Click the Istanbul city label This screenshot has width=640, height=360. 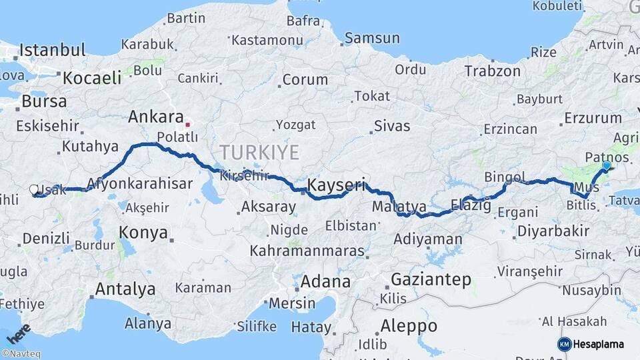[53, 50]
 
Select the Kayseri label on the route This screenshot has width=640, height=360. [337, 185]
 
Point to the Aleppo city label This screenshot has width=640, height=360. [409, 326]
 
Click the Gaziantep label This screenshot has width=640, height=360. [431, 279]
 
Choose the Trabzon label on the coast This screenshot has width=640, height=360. [492, 71]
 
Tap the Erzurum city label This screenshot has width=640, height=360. [593, 118]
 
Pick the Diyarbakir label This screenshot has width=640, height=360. [552, 231]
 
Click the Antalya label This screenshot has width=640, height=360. [125, 289]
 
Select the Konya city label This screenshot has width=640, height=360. [143, 232]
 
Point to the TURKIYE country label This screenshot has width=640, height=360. [259, 152]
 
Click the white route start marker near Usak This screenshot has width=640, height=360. [34, 190]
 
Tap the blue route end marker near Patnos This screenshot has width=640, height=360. [606, 165]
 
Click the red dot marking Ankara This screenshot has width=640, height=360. [188, 123]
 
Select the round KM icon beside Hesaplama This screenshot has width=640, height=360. [564, 344]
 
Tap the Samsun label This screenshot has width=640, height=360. [371, 38]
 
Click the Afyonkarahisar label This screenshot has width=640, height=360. [139, 184]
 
